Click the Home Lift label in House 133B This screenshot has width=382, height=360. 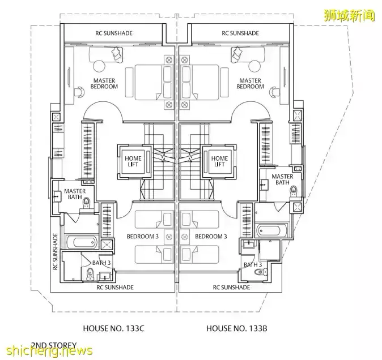219,161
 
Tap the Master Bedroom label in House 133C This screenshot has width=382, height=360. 104,84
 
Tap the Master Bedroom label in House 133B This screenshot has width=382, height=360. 250,84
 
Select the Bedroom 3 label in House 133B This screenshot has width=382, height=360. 211,236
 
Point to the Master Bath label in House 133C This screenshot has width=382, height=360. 74,194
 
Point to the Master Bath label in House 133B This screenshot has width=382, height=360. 282,179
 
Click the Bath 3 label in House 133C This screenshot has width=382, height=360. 93,262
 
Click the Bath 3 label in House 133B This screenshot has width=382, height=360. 253,264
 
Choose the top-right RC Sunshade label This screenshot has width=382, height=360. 241,33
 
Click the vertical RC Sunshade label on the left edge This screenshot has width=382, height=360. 56,254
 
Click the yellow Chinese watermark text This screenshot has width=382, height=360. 349,14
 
